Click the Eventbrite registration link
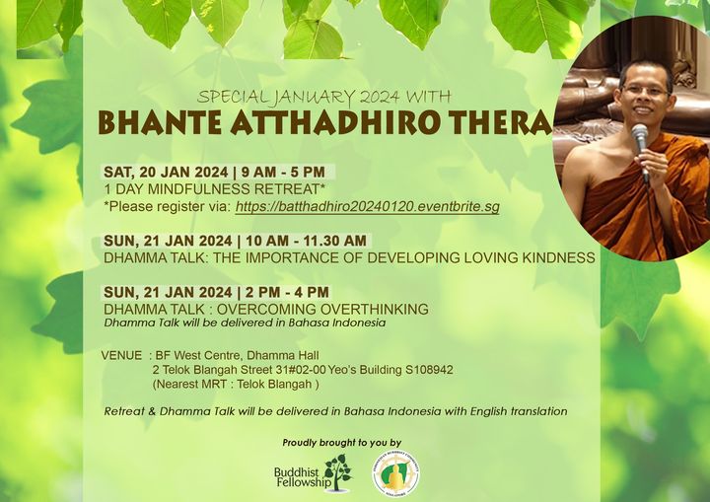point(367,206)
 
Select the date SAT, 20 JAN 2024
point(166,173)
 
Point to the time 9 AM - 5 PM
point(283,173)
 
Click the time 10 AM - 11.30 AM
point(306,241)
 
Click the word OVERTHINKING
point(374,309)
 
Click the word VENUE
point(121,356)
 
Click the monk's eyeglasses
point(646,90)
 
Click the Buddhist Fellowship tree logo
point(338,473)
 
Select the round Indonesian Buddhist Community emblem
point(395,475)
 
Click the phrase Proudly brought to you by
point(342,443)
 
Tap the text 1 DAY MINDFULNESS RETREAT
point(215,189)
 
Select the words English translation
point(519,411)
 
